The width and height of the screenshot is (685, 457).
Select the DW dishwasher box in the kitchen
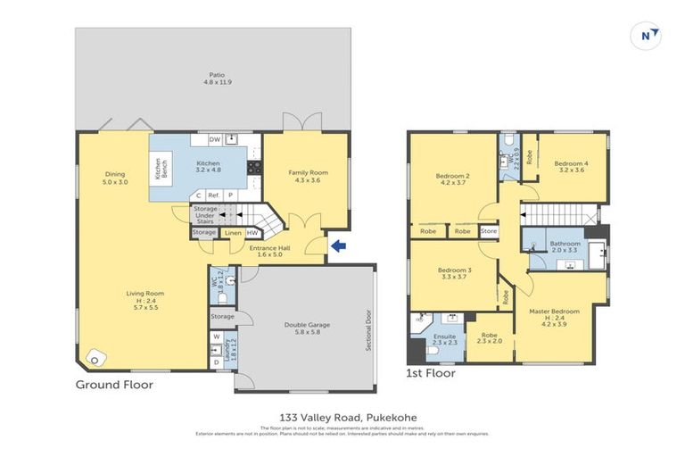click(214, 139)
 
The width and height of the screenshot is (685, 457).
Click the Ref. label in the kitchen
click(214, 195)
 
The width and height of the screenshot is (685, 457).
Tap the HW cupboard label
click(252, 233)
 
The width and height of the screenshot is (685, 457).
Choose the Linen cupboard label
click(232, 233)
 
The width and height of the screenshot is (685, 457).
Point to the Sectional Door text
click(367, 329)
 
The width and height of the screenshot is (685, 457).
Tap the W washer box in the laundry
click(216, 337)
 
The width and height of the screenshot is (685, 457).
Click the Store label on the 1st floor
click(488, 230)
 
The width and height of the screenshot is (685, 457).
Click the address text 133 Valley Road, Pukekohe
click(342, 417)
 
